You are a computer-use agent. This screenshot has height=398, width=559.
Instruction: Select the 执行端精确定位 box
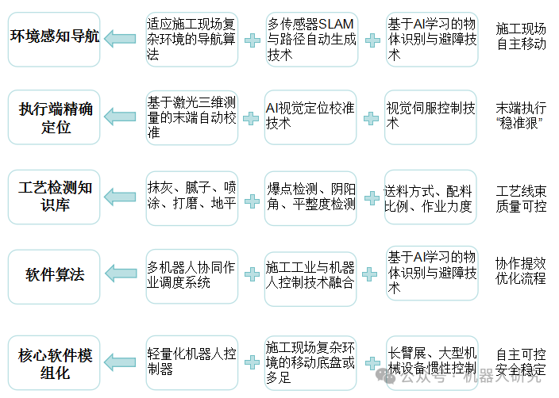tap(54, 117)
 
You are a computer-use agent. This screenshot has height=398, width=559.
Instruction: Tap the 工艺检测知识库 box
tap(54, 197)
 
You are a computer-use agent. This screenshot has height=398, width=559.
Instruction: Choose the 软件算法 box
tap(54, 275)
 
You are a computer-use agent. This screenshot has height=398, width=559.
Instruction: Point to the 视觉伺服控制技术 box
tap(431, 116)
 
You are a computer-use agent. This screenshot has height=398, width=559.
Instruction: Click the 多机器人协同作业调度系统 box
tap(191, 274)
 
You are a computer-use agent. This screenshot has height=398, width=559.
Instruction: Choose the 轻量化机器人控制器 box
tap(191, 361)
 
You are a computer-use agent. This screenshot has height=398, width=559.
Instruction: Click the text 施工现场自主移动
tap(521, 36)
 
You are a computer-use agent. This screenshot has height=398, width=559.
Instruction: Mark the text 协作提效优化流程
tap(521, 270)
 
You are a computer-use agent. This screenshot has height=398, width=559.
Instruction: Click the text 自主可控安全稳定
tap(521, 362)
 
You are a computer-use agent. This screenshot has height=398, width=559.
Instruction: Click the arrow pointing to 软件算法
tap(121, 274)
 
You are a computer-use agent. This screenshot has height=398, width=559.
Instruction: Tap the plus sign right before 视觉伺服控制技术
tap(370, 118)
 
